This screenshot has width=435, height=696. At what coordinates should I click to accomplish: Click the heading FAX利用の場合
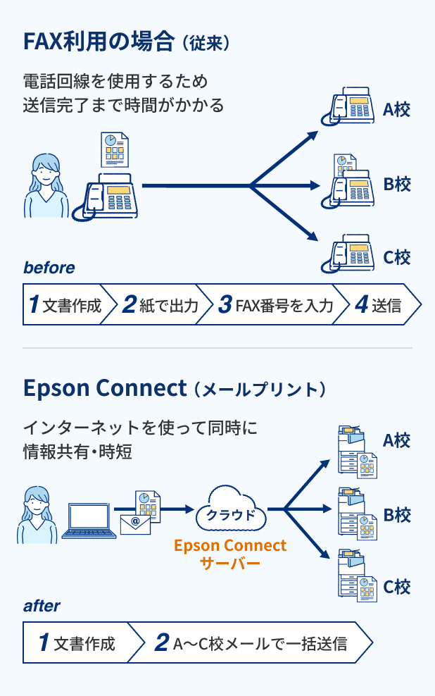tap(99, 42)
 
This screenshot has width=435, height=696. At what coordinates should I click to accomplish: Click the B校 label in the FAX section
tap(396, 185)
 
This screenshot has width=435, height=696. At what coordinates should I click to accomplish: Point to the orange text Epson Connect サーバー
tap(230, 554)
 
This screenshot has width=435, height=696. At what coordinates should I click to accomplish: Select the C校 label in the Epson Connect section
tap(396, 587)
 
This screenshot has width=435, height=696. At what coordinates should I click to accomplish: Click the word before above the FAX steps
tap(49, 268)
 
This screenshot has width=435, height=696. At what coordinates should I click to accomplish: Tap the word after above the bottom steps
tap(42, 606)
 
